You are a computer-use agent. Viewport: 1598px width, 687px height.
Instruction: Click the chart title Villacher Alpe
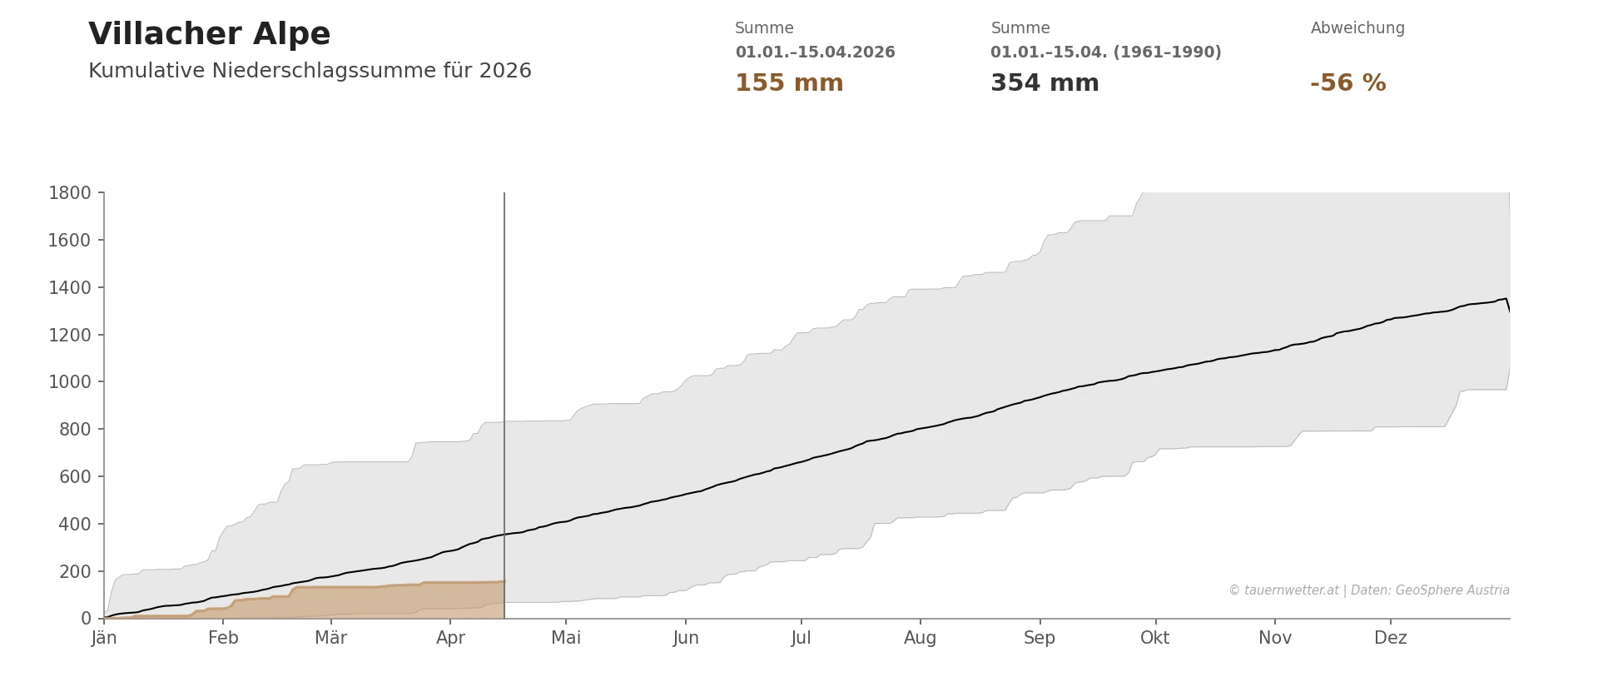point(209,35)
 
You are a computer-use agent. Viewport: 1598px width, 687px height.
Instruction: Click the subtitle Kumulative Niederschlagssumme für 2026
point(310,72)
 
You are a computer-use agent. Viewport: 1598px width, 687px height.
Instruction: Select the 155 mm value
point(789,83)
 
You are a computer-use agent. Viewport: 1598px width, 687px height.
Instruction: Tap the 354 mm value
point(1045,83)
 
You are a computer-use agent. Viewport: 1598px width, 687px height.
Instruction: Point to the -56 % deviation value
point(1347,83)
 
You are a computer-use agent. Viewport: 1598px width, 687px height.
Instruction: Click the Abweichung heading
point(1357,28)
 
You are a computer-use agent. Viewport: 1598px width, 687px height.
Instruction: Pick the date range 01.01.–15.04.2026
point(815,52)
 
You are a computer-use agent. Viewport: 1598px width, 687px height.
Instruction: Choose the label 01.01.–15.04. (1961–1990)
point(1105,52)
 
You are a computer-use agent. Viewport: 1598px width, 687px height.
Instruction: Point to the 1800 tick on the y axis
point(70,193)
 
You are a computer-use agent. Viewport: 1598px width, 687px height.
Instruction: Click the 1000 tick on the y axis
point(70,382)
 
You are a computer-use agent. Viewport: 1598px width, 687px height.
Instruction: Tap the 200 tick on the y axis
point(75,572)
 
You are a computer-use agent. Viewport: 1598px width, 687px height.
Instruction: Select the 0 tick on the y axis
point(86,619)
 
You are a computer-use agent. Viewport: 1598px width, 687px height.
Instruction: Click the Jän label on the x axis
point(104,639)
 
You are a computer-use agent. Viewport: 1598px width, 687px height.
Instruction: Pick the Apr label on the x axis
point(450,639)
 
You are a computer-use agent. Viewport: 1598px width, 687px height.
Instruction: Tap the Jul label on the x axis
point(801,639)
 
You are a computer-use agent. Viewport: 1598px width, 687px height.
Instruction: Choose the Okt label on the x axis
point(1154,639)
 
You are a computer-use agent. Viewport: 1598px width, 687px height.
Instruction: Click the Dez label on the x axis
point(1390,639)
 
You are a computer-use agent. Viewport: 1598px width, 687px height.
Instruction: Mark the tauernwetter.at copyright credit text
point(1368,590)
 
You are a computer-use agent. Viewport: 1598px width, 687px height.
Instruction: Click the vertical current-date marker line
point(504,375)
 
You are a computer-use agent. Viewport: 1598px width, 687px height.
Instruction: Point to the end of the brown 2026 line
point(504,581)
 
